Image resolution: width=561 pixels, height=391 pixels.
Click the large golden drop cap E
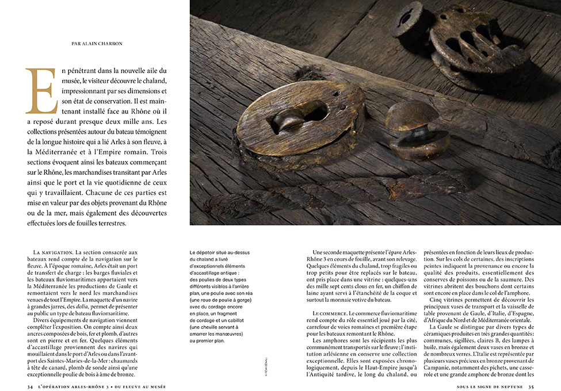(40, 91)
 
